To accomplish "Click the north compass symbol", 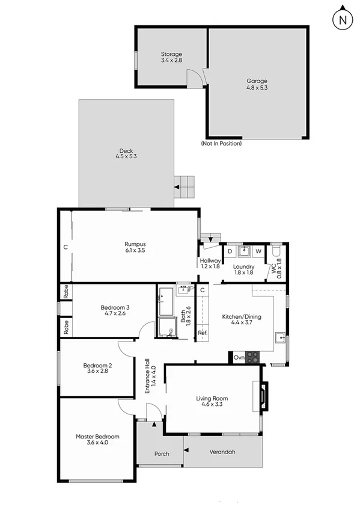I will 343,19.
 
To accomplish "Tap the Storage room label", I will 171,57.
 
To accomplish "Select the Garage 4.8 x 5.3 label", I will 257,84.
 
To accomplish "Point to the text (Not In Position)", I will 221,144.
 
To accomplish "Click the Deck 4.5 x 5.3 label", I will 126,154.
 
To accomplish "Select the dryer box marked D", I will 230,251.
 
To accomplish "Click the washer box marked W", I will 258,251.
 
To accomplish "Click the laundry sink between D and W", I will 244,250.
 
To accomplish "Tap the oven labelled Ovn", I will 238,357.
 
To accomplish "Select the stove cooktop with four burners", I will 253,357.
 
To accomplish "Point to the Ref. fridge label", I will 203,333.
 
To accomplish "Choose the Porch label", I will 162,453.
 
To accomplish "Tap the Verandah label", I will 222,452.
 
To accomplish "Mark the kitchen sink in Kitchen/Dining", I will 281,337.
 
